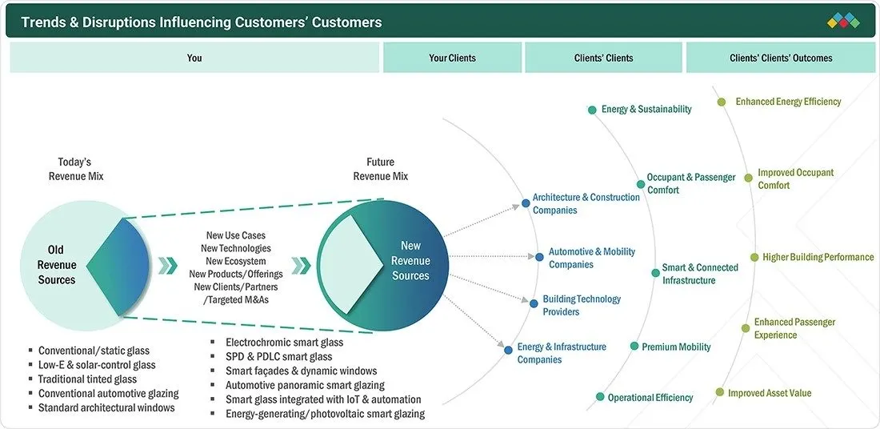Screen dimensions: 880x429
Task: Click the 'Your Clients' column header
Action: pyautogui.click(x=452, y=58)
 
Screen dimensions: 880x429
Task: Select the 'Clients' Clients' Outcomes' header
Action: pyautogui.click(x=781, y=58)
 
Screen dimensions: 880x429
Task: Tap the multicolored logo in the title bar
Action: pyautogui.click(x=843, y=22)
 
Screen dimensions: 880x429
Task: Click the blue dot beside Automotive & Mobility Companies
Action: pyautogui.click(x=539, y=257)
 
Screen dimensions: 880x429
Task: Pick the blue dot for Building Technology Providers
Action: pyautogui.click(x=533, y=304)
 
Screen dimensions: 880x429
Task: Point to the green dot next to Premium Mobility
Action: pyautogui.click(x=634, y=347)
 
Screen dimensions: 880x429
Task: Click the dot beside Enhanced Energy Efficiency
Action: pyautogui.click(x=722, y=102)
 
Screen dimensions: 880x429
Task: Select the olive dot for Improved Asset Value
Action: pyautogui.click(x=719, y=392)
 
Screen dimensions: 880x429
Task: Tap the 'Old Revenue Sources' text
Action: pyautogui.click(x=56, y=264)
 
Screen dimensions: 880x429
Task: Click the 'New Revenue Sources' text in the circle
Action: pyautogui.click(x=411, y=261)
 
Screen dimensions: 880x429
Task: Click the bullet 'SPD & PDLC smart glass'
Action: pyautogui.click(x=279, y=356)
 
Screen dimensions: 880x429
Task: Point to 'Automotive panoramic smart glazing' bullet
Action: pyautogui.click(x=306, y=385)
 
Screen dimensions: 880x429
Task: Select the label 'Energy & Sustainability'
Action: pyautogui.click(x=646, y=109)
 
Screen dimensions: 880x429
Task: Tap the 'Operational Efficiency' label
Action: pyautogui.click(x=650, y=398)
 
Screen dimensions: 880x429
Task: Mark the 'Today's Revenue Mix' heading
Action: pyautogui.click(x=76, y=169)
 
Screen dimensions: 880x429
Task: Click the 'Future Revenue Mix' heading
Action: pyautogui.click(x=381, y=169)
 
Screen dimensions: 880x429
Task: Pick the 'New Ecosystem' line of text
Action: pyautogui.click(x=236, y=261)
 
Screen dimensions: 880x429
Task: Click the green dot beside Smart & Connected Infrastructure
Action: pyautogui.click(x=655, y=273)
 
